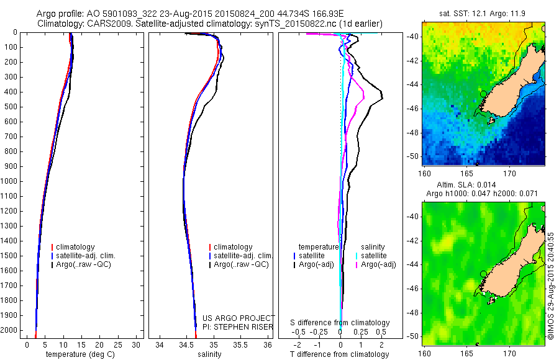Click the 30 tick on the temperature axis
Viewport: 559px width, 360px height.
pyautogui.click(x=137, y=344)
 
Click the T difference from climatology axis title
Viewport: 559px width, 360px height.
pyautogui.click(x=340, y=354)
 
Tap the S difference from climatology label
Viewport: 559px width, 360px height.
pyautogui.click(x=340, y=323)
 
